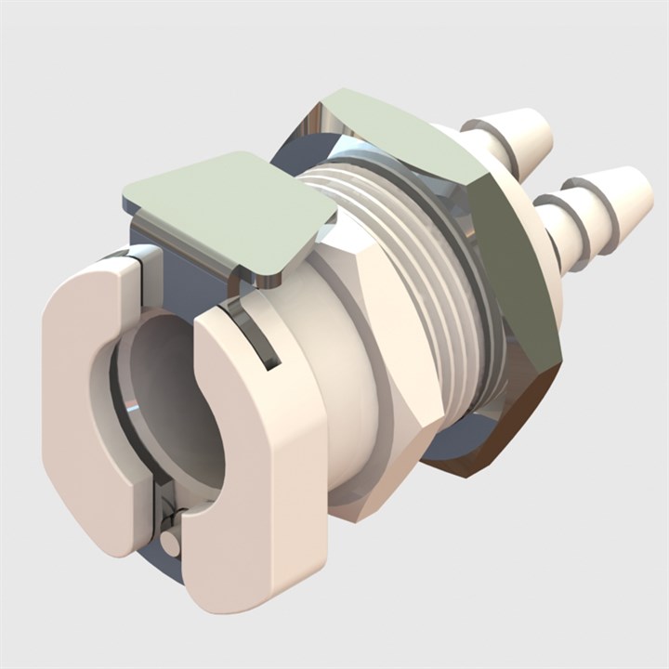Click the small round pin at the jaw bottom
(x=169, y=542)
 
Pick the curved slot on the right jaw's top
(x=256, y=334)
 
